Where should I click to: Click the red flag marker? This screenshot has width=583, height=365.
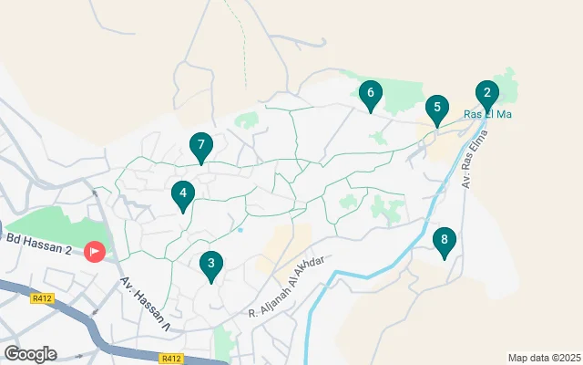pyautogui.click(x=95, y=251)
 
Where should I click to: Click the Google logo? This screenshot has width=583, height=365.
pyautogui.click(x=30, y=353)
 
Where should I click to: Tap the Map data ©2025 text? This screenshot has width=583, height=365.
pyautogui.click(x=543, y=358)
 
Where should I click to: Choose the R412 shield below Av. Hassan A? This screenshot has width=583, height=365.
pyautogui.click(x=170, y=359)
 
